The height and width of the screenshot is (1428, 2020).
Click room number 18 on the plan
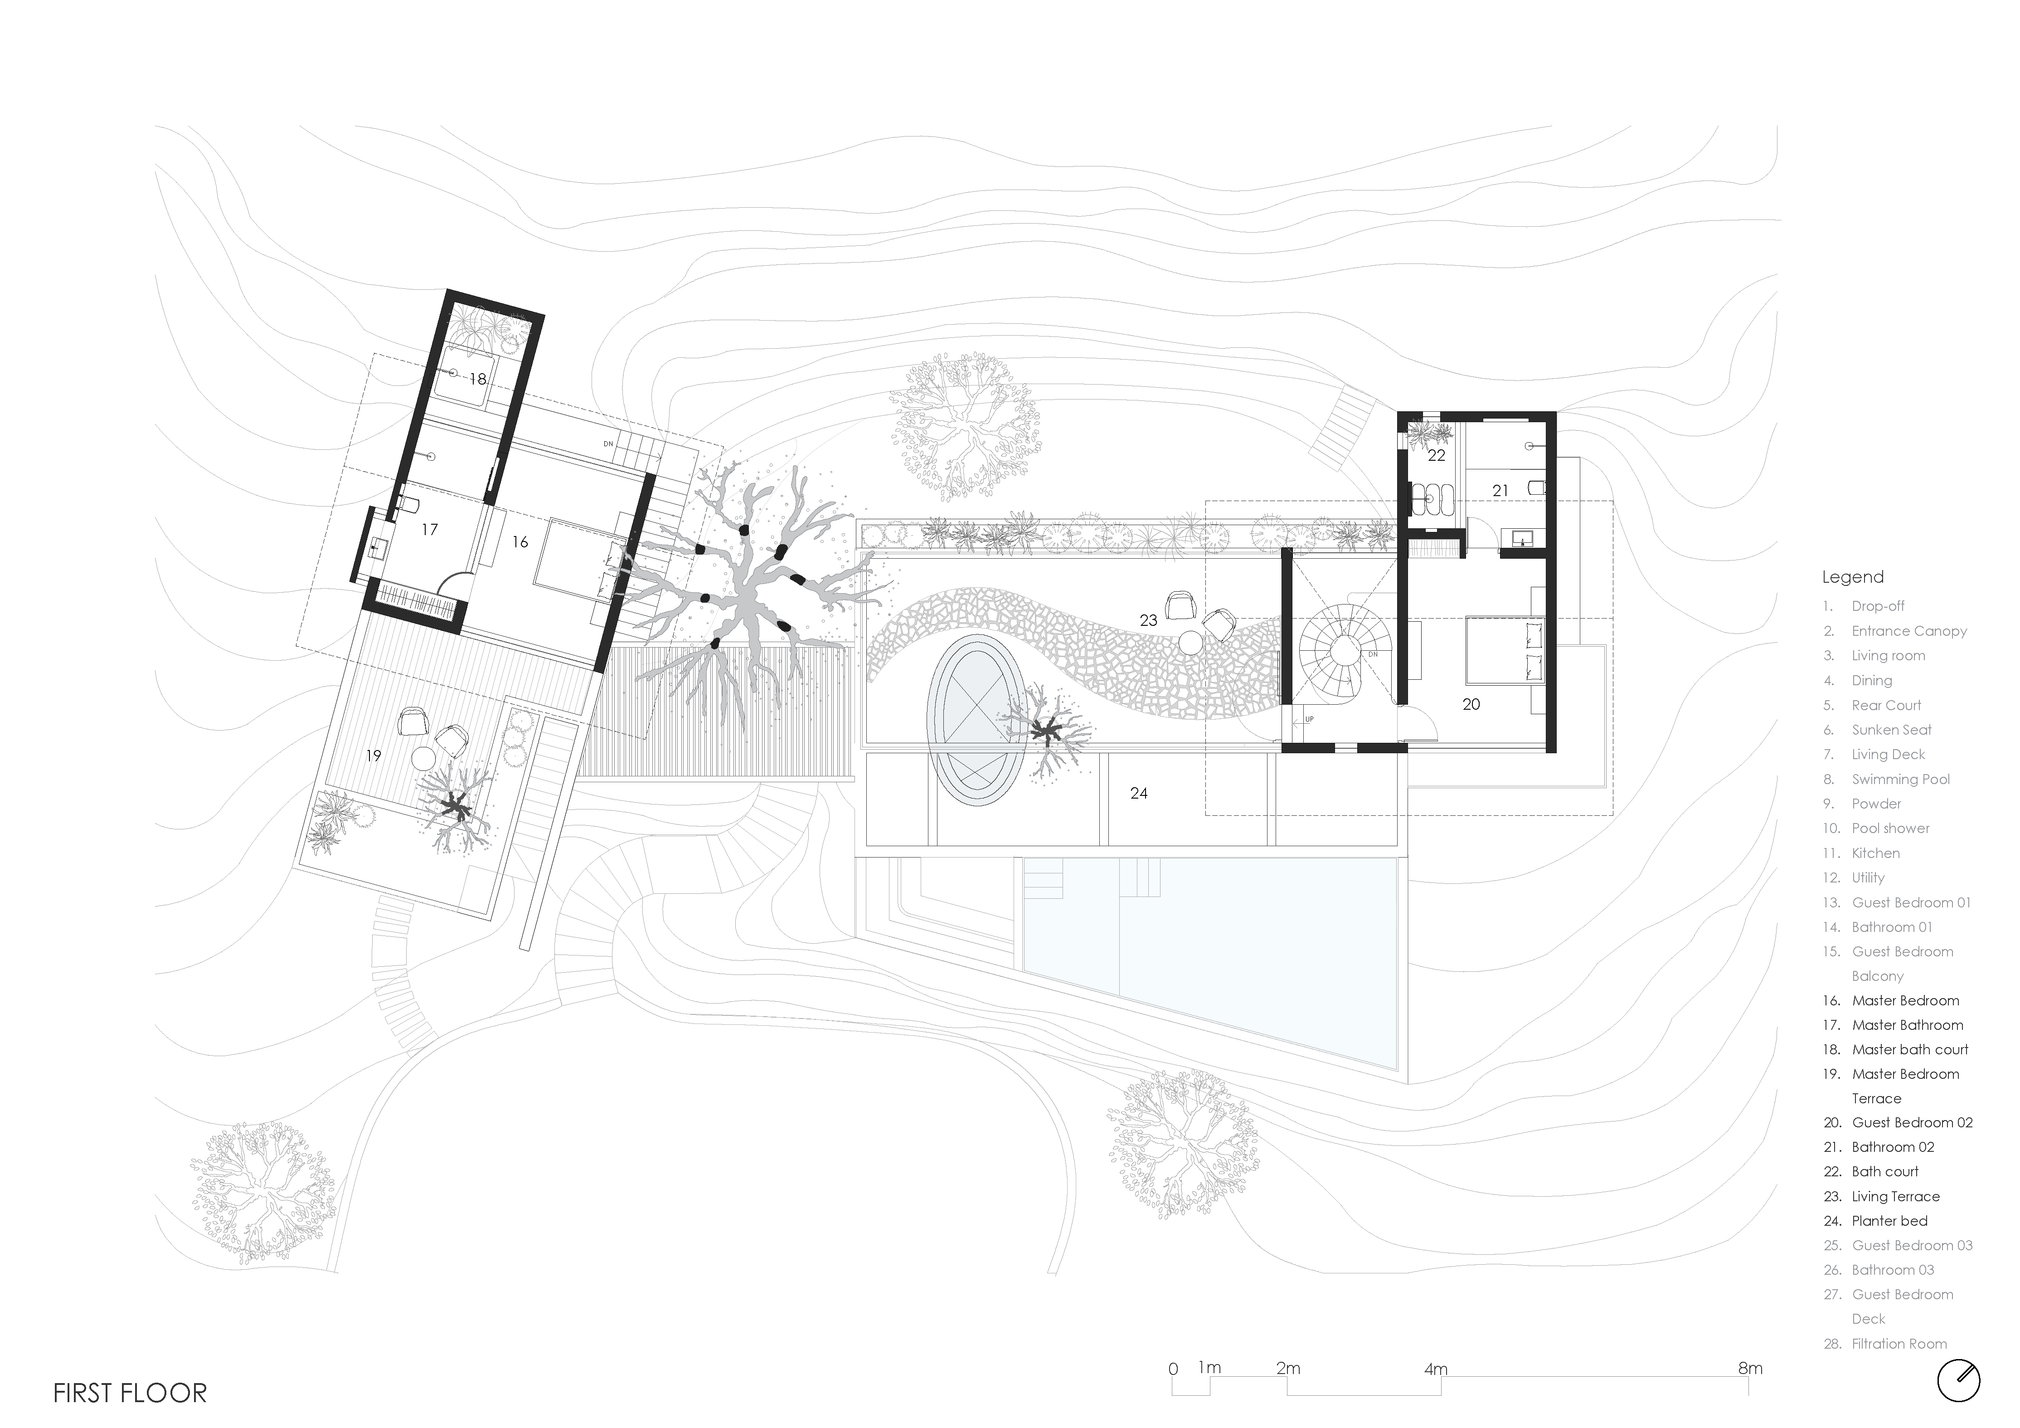[478, 379]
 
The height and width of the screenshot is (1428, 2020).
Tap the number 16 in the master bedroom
[520, 542]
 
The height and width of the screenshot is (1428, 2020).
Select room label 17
[429, 530]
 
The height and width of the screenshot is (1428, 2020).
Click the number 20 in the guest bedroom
[1471, 704]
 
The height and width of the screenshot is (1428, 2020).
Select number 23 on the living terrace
[1148, 620]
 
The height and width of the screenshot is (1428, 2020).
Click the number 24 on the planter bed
[1138, 794]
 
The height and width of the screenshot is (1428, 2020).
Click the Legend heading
[1853, 577]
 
